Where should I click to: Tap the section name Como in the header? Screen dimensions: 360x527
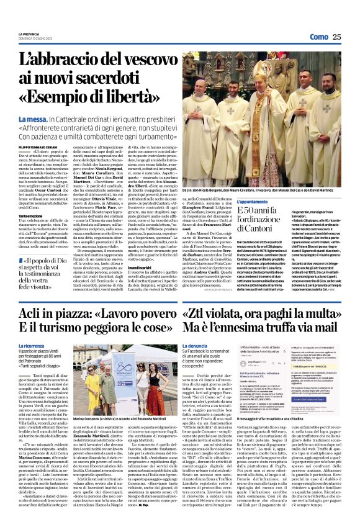pos(318,37)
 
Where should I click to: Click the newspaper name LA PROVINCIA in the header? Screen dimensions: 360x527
pos(28,34)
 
